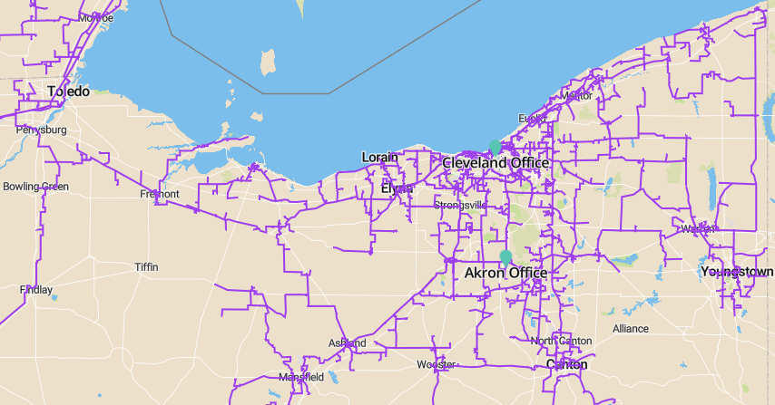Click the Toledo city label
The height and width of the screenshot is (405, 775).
pyautogui.click(x=68, y=92)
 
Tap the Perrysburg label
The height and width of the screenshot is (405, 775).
pyautogui.click(x=42, y=130)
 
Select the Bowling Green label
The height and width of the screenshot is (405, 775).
pyautogui.click(x=35, y=187)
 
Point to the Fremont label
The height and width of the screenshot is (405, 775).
pyautogui.click(x=160, y=194)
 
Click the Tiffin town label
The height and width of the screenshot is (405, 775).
pyautogui.click(x=146, y=267)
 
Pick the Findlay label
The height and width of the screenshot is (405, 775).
pyautogui.click(x=36, y=290)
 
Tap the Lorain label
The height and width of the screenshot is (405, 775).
pyautogui.click(x=379, y=157)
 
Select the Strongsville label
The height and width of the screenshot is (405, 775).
pyautogui.click(x=460, y=206)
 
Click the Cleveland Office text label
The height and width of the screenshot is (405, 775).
pyautogui.click(x=495, y=162)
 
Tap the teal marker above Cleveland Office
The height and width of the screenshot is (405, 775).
pyautogui.click(x=495, y=146)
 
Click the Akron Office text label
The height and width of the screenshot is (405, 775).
pyautogui.click(x=505, y=273)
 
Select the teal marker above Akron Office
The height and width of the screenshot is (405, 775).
pyautogui.click(x=505, y=257)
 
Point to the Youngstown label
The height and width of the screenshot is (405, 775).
pyautogui.click(x=737, y=271)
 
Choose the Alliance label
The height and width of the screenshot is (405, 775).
pyautogui.click(x=631, y=328)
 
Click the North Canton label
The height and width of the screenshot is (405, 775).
pyautogui.click(x=561, y=341)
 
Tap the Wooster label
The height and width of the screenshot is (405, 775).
pyautogui.click(x=436, y=364)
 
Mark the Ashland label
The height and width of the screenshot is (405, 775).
pyautogui.click(x=348, y=343)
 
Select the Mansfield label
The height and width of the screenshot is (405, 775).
pyautogui.click(x=301, y=376)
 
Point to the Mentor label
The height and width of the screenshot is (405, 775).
pyautogui.click(x=576, y=95)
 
